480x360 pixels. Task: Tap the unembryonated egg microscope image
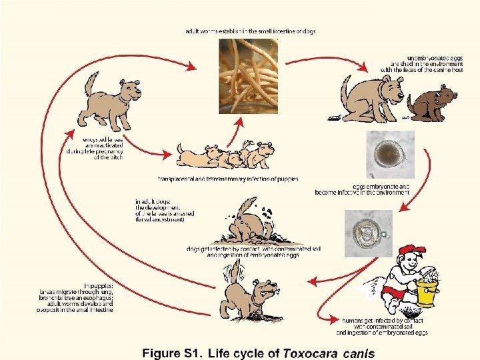pyautogui.click(x=390, y=154)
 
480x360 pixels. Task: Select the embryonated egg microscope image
pyautogui.click(x=368, y=233)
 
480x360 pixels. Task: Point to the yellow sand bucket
pyautogui.click(x=427, y=291)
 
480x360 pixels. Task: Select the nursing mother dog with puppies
pyautogui.click(x=227, y=156)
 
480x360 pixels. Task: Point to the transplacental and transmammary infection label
pyautogui.click(x=228, y=179)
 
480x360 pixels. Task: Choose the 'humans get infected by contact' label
pyautogui.click(x=382, y=326)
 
